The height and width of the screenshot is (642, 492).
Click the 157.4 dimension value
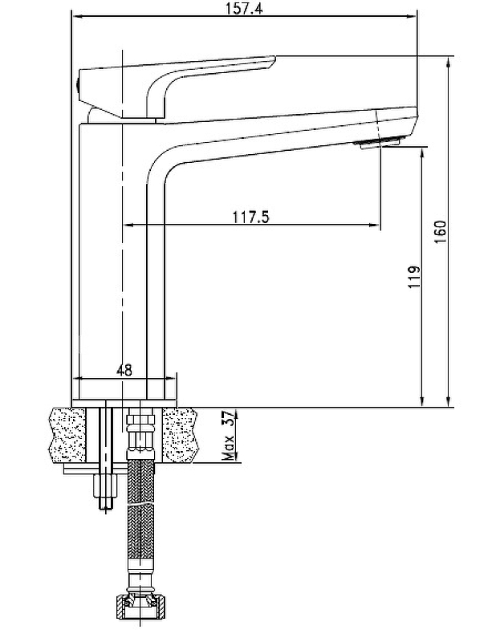pos(244,9)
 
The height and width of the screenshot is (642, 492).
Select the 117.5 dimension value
pos(251,217)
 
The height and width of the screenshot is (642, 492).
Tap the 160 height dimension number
pos(440,232)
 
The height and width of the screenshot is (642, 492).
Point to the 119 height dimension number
pos(414,277)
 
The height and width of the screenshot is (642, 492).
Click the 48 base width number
pos(124,370)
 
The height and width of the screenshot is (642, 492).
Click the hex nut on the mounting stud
pos(106,485)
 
